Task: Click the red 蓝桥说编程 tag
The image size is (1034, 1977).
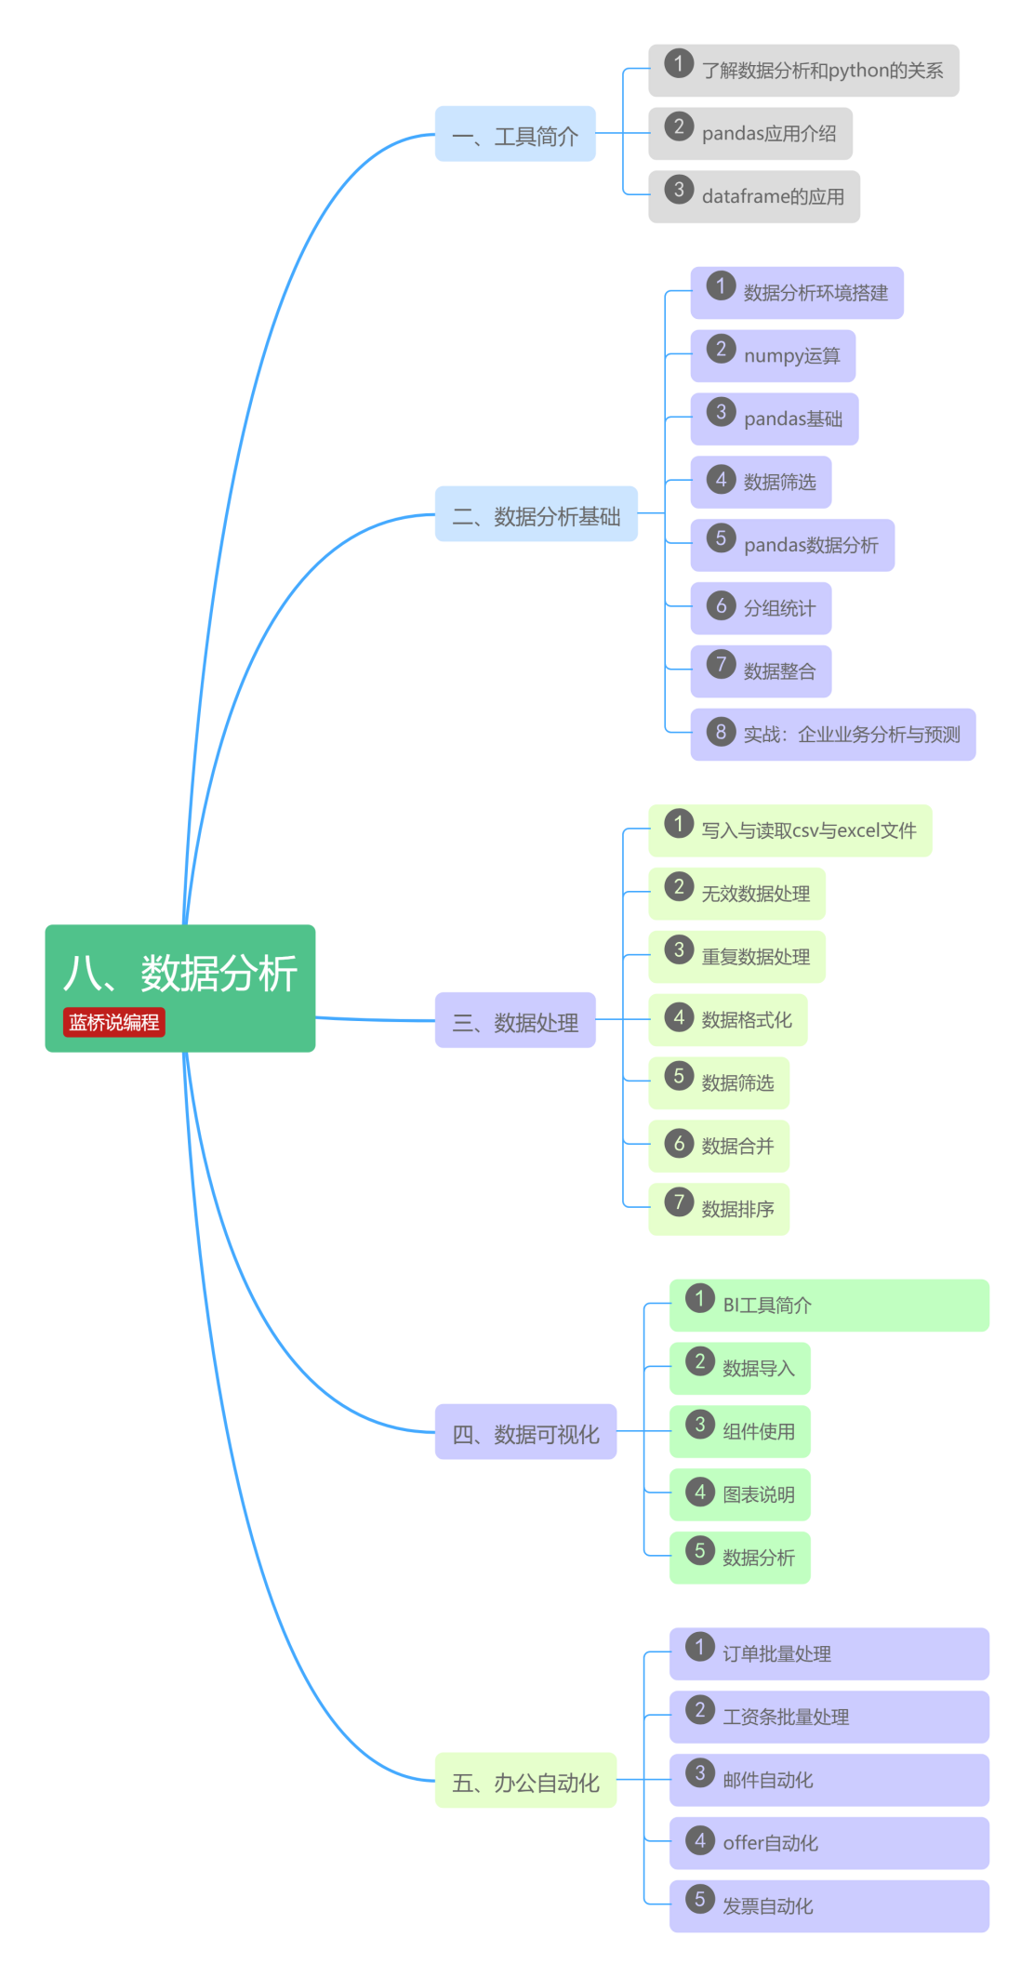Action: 113,1022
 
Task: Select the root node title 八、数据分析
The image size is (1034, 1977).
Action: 179,974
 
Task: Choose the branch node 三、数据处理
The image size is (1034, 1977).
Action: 515,1021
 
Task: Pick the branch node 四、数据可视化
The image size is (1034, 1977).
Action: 525,1432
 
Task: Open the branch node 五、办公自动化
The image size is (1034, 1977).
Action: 525,1781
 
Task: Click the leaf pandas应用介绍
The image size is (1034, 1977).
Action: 768,134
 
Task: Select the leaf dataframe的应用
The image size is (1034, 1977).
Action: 772,196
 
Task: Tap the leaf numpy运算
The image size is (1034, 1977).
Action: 790,356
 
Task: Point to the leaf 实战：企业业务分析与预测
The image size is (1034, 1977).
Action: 851,735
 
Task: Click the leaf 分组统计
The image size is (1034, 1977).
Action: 778,608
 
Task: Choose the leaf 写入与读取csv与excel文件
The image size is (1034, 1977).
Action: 808,830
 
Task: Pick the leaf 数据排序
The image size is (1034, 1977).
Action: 737,1209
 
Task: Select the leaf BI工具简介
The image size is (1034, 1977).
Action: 767,1306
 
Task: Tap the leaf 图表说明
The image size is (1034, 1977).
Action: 758,1494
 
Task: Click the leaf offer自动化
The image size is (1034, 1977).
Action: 770,1843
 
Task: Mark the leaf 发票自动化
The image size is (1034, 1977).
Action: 767,1906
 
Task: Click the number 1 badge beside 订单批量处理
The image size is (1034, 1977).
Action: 700,1647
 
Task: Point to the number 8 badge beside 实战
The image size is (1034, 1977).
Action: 721,732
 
